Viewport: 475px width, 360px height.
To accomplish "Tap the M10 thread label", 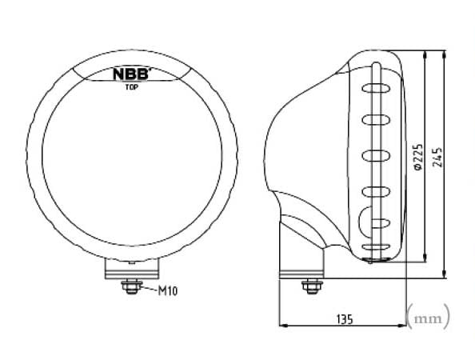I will (x=166, y=291).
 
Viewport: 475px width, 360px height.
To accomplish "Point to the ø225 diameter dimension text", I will (x=417, y=158).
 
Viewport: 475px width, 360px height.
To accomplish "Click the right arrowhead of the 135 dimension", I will (x=404, y=326).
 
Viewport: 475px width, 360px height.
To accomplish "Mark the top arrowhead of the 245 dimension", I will (x=445, y=56).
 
